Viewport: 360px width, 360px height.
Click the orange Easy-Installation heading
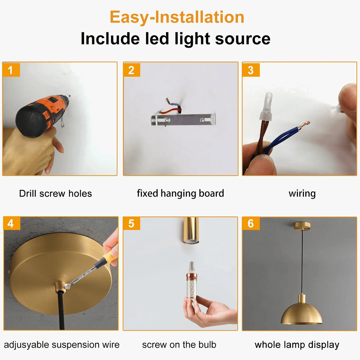[177, 17]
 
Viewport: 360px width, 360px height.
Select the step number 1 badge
[11, 70]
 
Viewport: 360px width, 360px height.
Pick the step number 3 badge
[250, 70]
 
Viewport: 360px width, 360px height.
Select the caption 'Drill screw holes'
[55, 193]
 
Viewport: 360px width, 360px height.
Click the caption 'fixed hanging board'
[180, 193]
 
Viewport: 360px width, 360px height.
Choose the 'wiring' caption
[302, 193]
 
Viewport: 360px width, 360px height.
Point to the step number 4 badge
[11, 223]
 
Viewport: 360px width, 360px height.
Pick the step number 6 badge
[250, 223]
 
